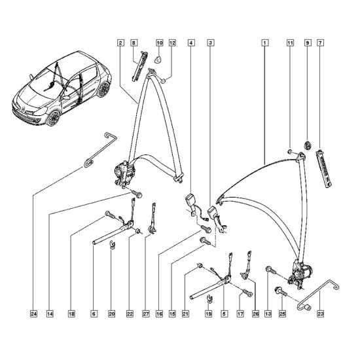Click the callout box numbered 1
coord(264,43)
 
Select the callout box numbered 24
coord(33,314)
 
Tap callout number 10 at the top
coord(159,43)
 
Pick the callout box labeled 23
coord(320,314)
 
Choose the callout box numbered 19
coord(208,314)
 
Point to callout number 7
coord(320,43)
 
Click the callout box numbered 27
coord(146,314)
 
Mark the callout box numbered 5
coord(224,314)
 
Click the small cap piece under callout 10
coord(158,60)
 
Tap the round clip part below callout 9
coord(308,145)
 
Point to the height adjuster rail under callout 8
coord(139,66)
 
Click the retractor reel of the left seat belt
coord(124,173)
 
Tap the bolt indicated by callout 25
coord(280,291)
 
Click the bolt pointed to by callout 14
coord(136,193)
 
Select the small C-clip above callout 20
coord(112,245)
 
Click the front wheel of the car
coord(53,118)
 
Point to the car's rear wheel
coord(104,89)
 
